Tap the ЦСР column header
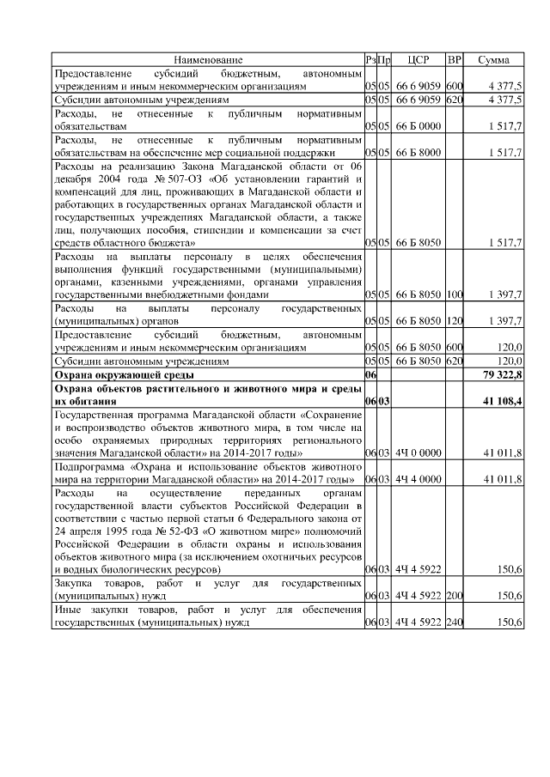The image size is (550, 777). coord(419,59)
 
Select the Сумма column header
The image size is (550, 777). coord(493,59)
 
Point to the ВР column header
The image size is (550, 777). coord(455,59)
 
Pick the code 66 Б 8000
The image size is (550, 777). coord(419,152)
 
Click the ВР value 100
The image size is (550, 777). coord(455,294)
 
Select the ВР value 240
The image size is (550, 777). coord(455,622)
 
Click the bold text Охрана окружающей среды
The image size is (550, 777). coord(124,375)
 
